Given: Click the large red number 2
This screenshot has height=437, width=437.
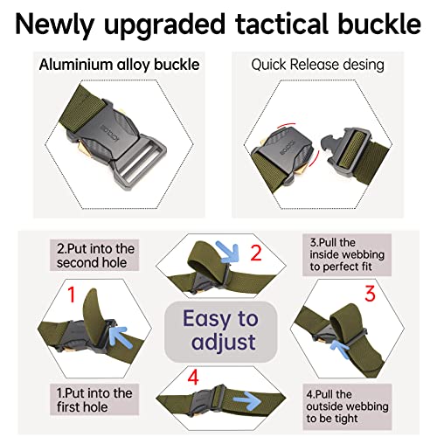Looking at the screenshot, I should click(254, 254).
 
